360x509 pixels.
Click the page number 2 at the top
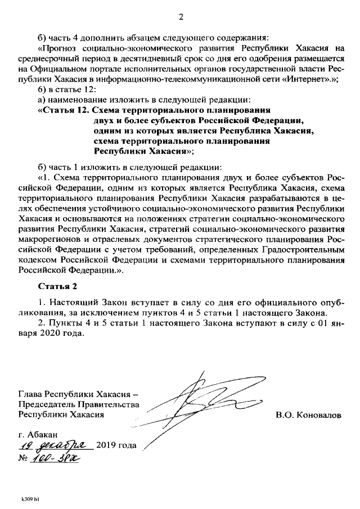click(x=181, y=16)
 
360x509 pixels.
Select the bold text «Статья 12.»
click(x=62, y=111)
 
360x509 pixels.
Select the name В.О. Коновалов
click(x=308, y=415)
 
